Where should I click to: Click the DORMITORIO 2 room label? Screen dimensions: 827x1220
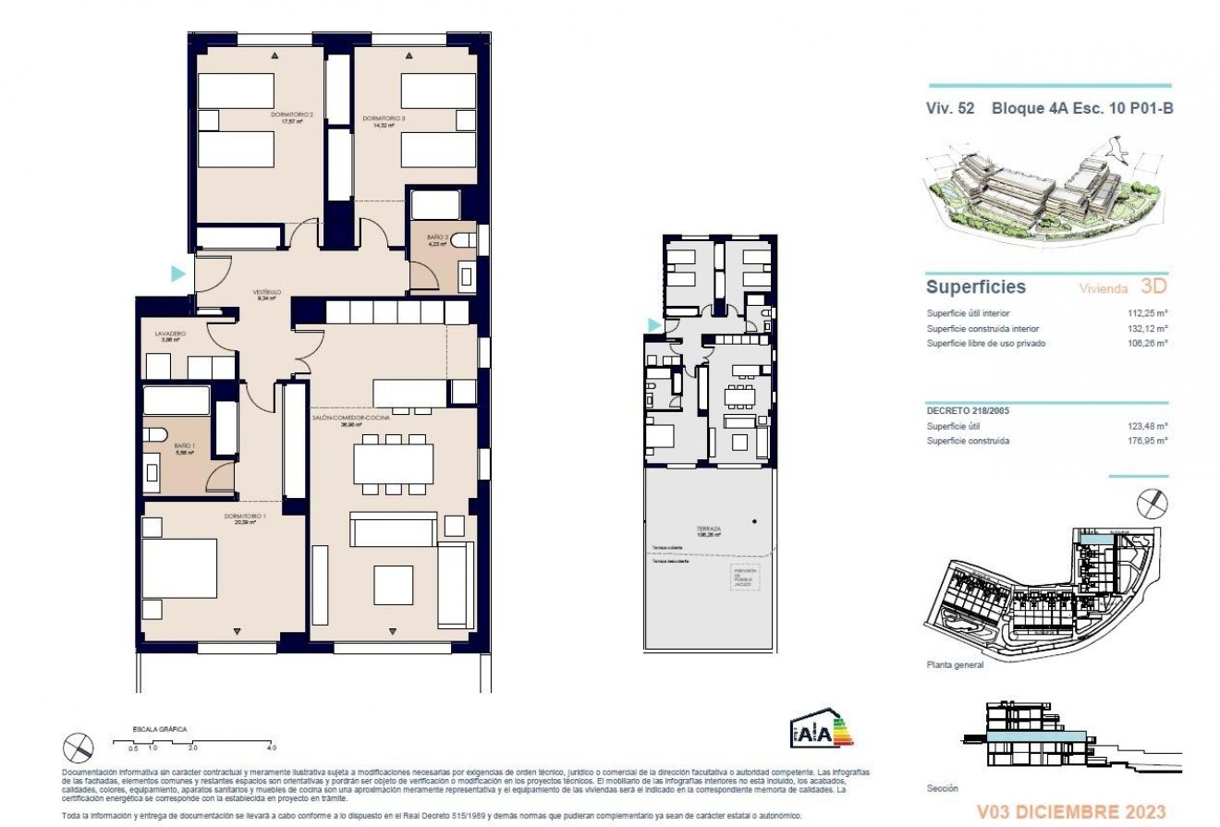coord(292,116)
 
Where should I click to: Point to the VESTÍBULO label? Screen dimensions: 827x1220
coord(268,295)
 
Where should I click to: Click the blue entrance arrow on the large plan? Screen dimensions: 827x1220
coord(178,274)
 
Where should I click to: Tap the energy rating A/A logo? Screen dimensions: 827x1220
coord(821,729)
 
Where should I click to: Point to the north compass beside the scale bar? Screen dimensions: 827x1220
coord(79,747)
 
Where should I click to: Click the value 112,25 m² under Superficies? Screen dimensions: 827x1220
coord(1148,313)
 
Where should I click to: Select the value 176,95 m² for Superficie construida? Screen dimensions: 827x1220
coord(1148,441)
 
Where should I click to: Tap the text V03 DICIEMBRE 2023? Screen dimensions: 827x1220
coord(1073,812)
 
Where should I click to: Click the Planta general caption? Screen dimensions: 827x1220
coord(955,664)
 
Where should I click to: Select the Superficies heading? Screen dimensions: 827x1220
coord(975,287)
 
